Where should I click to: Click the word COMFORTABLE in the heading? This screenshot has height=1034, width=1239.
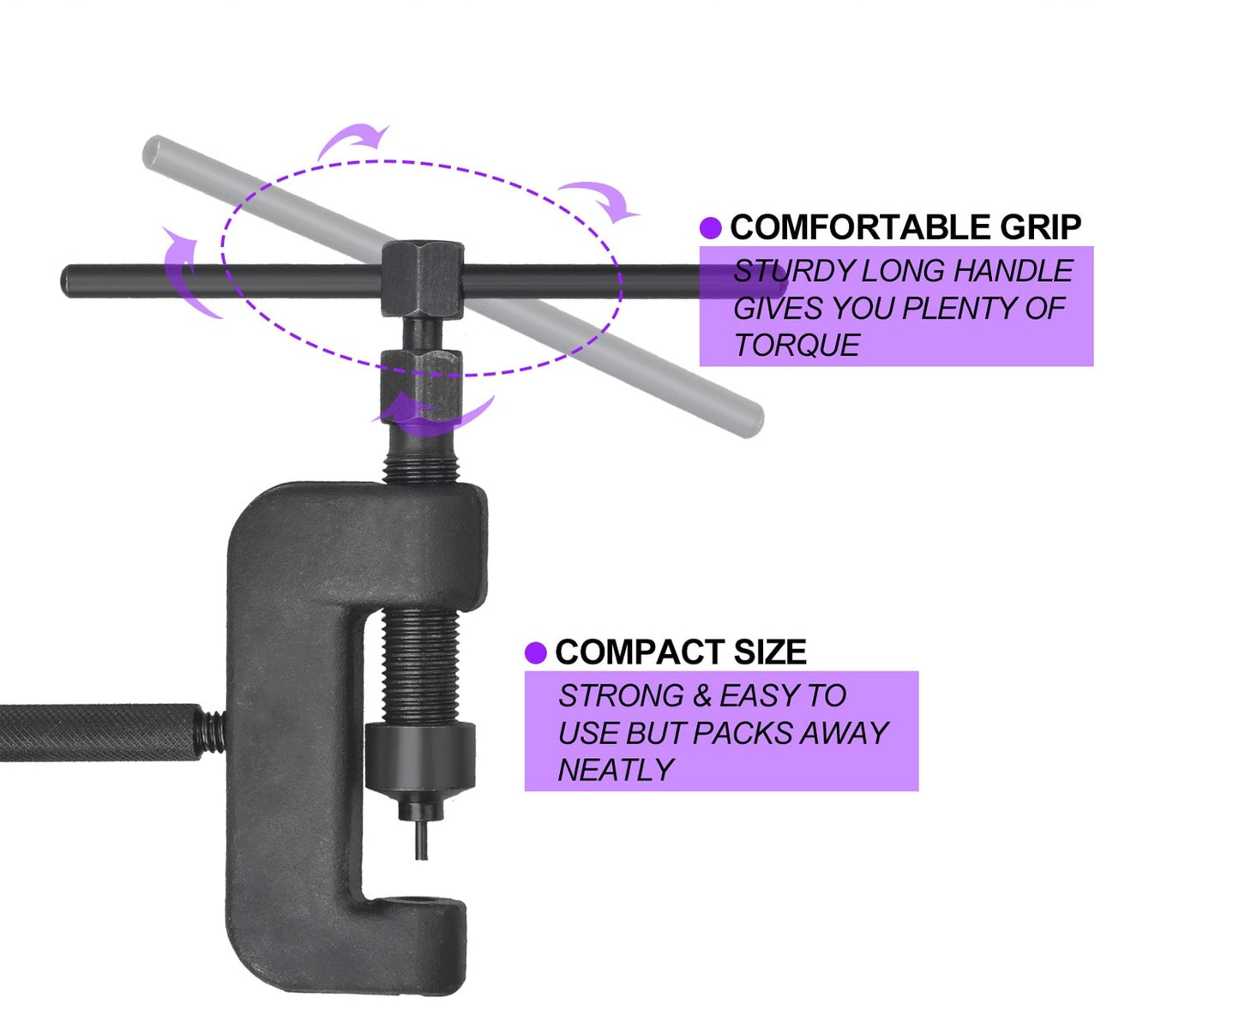click(859, 228)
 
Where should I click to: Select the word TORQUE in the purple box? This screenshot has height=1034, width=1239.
click(797, 346)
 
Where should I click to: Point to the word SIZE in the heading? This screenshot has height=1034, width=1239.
click(769, 652)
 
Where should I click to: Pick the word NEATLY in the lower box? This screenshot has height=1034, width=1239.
click(616, 770)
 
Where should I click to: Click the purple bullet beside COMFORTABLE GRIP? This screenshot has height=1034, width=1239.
click(710, 228)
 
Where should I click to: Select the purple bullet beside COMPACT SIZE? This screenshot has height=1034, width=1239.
click(536, 653)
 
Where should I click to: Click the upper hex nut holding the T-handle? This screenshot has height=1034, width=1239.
click(423, 280)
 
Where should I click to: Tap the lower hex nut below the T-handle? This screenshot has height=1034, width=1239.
click(422, 377)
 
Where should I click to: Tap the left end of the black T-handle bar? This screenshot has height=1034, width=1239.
click(70, 281)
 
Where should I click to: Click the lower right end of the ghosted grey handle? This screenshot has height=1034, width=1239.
click(748, 419)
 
